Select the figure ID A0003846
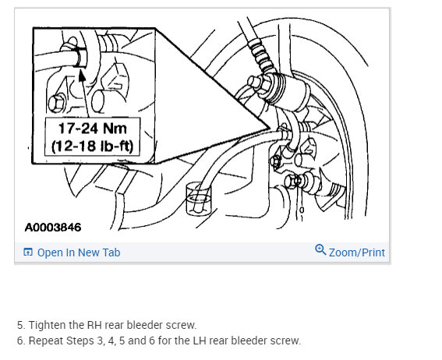53,228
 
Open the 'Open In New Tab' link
79,252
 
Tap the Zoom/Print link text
356,252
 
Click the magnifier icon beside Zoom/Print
320,250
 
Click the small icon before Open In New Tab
28,252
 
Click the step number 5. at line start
20,325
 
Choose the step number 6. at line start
20,341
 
